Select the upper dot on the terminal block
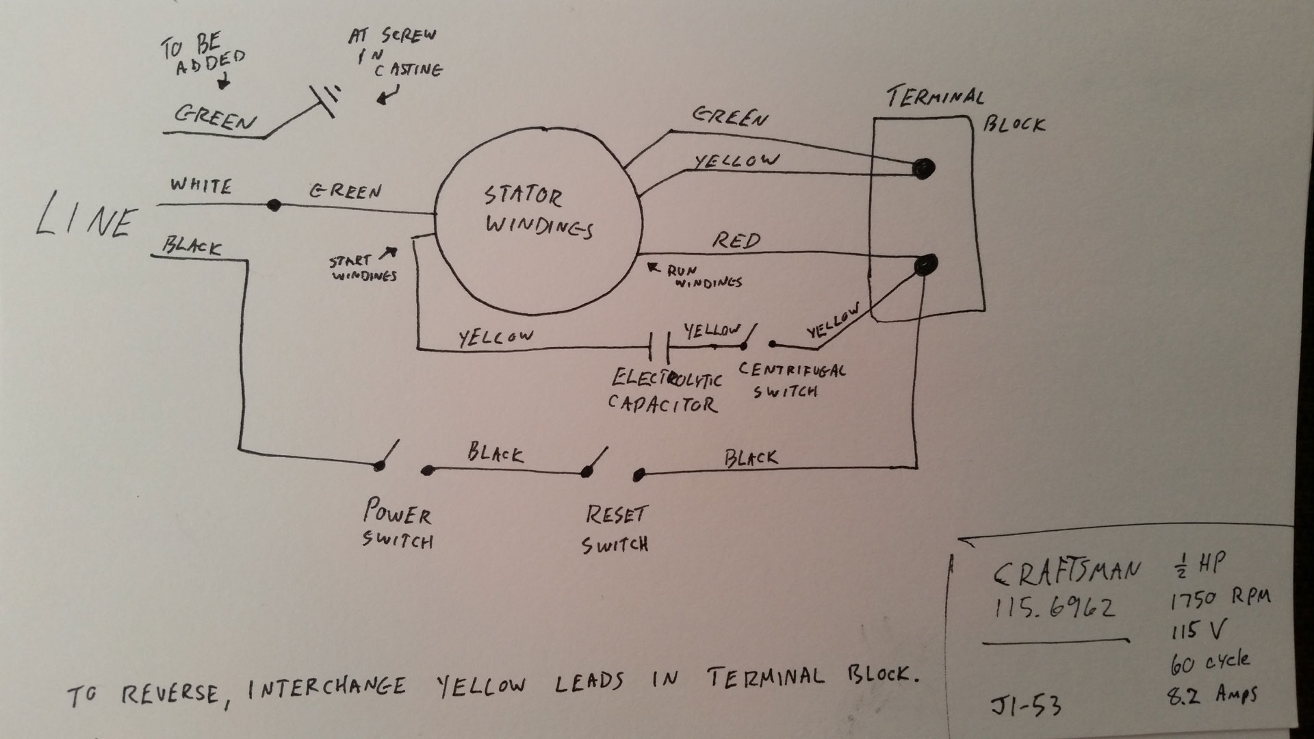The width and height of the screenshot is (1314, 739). (924, 168)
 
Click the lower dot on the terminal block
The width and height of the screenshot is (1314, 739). (926, 263)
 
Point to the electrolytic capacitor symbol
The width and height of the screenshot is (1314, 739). (658, 348)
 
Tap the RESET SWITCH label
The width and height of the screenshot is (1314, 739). (615, 530)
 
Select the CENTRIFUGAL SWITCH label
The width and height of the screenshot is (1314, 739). (793, 380)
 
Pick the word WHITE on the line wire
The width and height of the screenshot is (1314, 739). (201, 186)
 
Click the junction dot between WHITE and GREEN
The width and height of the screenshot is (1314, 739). (274, 205)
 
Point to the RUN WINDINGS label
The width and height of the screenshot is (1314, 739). (705, 276)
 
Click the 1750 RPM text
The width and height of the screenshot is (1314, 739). (1219, 599)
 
